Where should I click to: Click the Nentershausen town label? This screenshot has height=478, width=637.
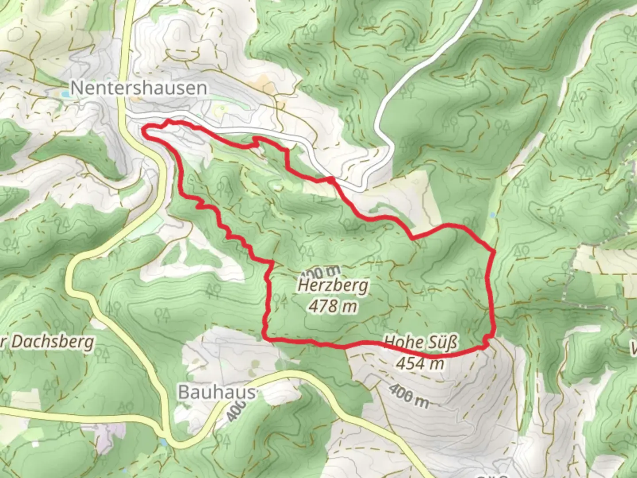coord(138,88)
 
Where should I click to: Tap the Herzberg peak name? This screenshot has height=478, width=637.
coord(333,285)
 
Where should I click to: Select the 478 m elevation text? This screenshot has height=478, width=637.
coord(333,305)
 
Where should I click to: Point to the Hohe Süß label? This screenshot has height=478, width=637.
coord(420,343)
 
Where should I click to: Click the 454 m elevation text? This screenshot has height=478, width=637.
coord(420,363)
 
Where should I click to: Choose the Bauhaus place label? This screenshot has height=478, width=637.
coord(217,392)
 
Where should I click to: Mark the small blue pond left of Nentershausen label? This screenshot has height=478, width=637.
coord(65,94)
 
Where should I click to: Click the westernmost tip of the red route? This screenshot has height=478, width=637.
coord(143,129)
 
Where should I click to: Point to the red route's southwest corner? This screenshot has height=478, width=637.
coord(267,339)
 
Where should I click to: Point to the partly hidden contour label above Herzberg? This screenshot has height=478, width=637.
coord(322,271)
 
